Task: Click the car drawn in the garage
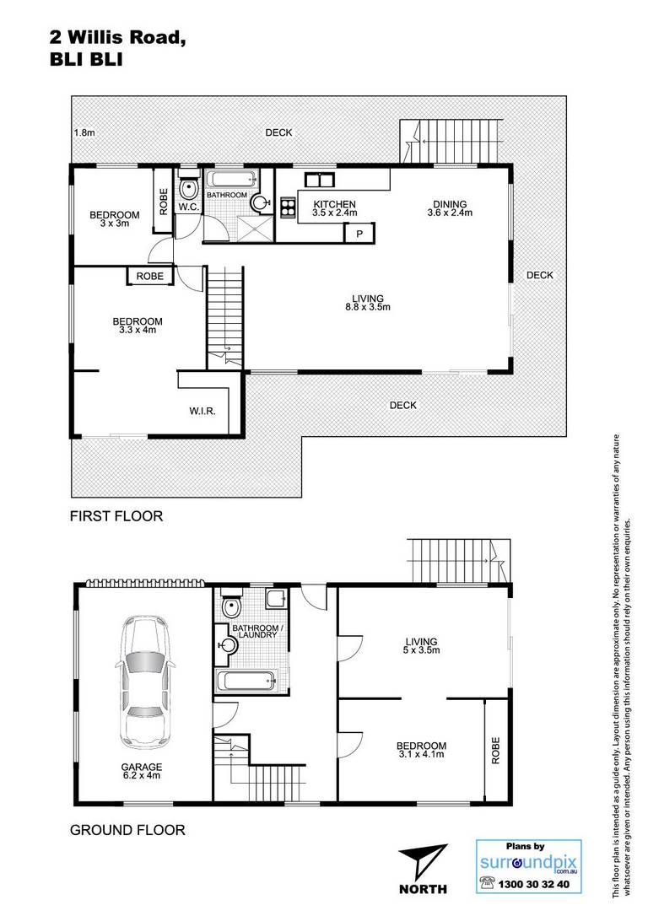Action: (144, 682)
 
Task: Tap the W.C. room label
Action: (189, 207)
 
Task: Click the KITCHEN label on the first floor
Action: (334, 204)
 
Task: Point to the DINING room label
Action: (450, 204)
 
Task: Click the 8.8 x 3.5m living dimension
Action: (368, 307)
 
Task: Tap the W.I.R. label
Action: (202, 412)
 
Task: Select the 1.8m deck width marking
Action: (84, 132)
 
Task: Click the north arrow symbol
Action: (422, 862)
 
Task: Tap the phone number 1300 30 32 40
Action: (533, 885)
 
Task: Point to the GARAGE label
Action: (142, 767)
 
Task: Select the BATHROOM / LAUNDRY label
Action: (257, 632)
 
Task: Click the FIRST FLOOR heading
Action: (116, 516)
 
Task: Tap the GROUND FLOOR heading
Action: (127, 830)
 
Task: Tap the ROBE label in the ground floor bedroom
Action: (496, 751)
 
